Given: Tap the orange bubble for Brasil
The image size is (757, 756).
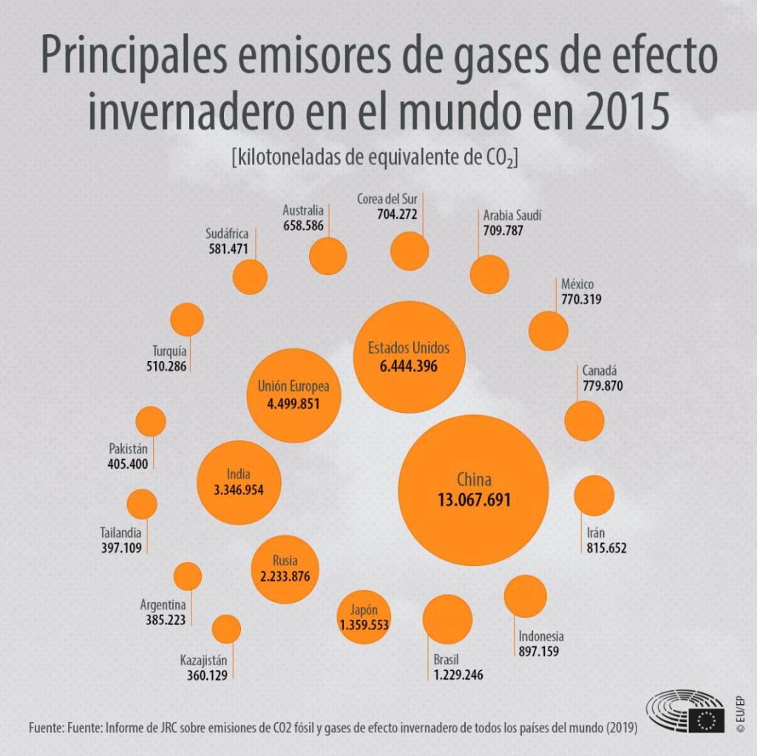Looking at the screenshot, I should (x=447, y=618).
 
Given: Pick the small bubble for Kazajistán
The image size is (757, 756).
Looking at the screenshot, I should (x=226, y=629).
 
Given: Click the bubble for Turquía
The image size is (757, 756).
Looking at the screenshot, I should (x=186, y=319).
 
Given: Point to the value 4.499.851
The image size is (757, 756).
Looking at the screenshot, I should (x=293, y=404).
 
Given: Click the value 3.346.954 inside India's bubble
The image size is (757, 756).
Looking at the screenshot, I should (x=239, y=490).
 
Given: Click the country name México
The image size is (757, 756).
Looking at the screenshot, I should (x=577, y=285).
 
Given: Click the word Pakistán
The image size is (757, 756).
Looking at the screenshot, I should (x=129, y=449).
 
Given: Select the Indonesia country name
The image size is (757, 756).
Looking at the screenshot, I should (x=541, y=636).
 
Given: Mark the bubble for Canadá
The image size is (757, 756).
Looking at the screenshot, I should (x=584, y=420).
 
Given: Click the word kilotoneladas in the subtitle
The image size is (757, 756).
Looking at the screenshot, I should (x=285, y=158).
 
